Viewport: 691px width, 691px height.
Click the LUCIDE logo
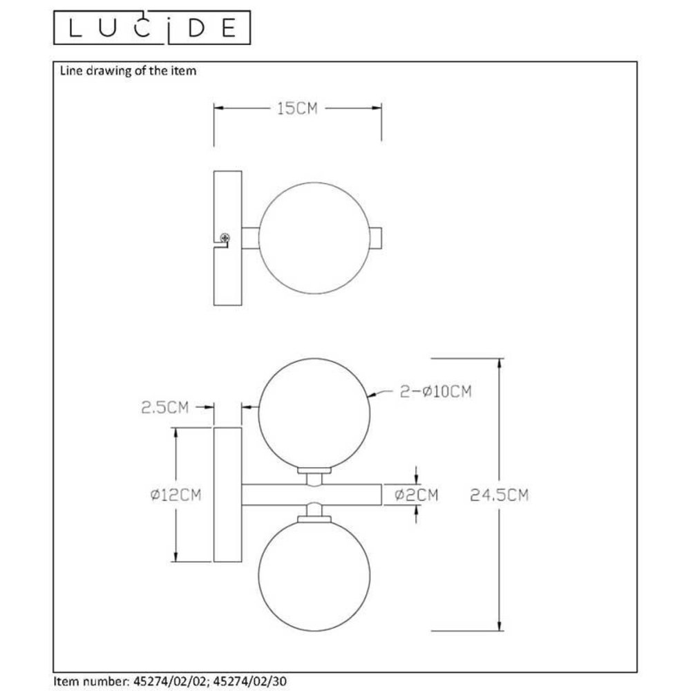pos(152,28)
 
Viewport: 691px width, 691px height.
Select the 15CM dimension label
pos(297,108)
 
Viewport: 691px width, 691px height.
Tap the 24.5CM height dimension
pos(499,495)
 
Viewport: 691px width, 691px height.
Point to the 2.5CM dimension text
pos(165,408)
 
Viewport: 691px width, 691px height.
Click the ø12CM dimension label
pos(176,495)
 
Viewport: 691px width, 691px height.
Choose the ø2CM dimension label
pos(416,495)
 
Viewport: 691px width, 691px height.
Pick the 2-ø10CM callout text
pos(436,392)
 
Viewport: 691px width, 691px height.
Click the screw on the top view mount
pos(225,238)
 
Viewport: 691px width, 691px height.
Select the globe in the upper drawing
pos(314,238)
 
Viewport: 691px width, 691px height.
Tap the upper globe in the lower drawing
pos(314,413)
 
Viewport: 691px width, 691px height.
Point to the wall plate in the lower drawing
pos(228,495)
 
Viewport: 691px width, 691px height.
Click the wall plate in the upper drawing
pos(228,207)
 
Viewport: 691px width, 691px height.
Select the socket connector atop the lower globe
pos(314,513)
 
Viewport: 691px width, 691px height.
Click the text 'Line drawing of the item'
pos(129,70)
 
